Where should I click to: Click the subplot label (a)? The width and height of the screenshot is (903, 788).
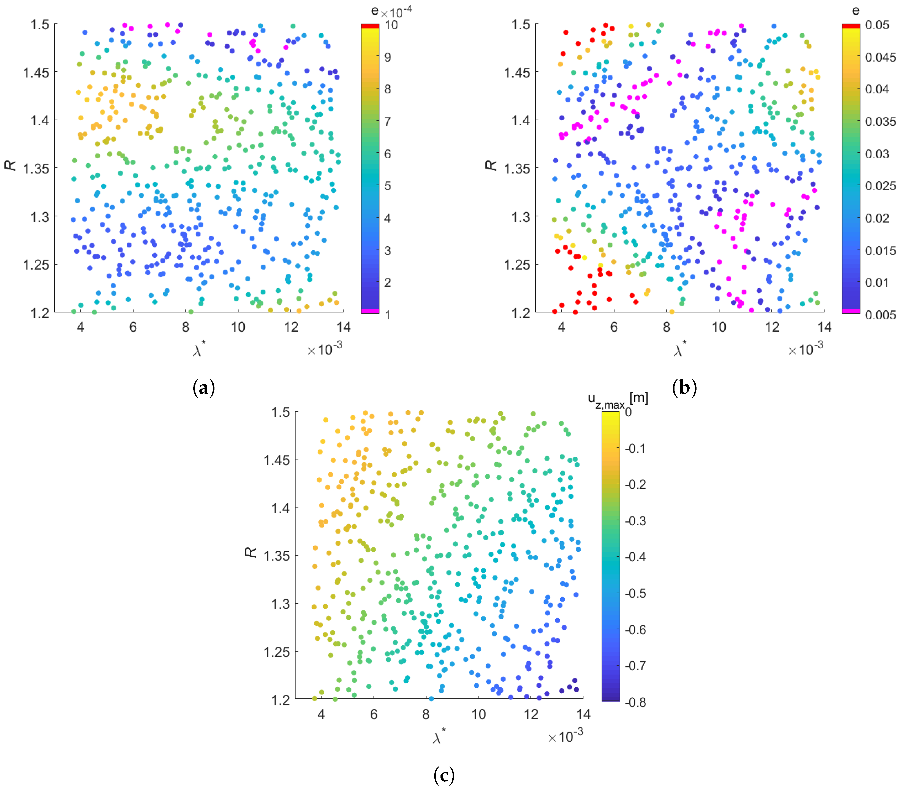tap(203, 388)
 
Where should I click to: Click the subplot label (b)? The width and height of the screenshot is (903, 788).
tap(684, 388)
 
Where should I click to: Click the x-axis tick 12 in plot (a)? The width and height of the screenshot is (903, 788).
tap(291, 327)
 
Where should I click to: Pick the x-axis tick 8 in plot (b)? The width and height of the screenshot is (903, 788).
tap(667, 327)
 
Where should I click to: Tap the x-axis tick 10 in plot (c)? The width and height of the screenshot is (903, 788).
tap(478, 714)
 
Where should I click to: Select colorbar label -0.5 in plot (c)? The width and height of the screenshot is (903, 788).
tap(635, 593)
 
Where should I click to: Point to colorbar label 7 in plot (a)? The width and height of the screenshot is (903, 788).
tap(387, 121)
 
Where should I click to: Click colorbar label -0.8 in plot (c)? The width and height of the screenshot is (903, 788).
tap(635, 702)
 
